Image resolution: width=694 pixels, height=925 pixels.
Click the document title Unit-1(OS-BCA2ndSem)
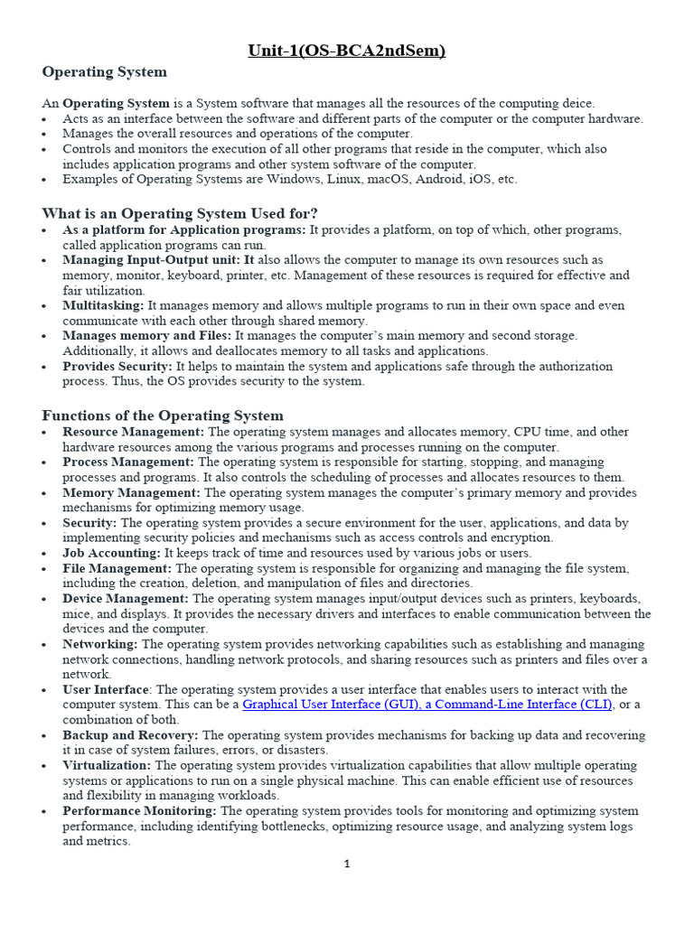(x=347, y=51)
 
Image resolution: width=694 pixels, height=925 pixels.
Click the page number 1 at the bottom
(x=346, y=864)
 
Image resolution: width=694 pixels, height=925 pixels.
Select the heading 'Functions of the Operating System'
(x=163, y=416)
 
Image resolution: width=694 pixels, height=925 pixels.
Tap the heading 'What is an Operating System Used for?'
(x=180, y=213)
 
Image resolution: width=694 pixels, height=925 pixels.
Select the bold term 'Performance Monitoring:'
(x=139, y=810)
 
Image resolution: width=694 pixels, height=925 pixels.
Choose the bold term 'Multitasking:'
(x=103, y=305)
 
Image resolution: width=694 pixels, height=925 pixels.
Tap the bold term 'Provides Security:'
(x=117, y=366)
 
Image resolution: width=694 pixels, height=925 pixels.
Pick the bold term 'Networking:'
(x=100, y=644)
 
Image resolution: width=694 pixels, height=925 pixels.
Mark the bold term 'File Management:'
(x=117, y=568)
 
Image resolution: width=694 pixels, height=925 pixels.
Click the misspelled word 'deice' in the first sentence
(x=577, y=104)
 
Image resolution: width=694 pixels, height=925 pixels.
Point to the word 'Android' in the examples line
(x=439, y=179)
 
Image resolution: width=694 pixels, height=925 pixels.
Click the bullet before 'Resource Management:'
(x=46, y=433)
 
